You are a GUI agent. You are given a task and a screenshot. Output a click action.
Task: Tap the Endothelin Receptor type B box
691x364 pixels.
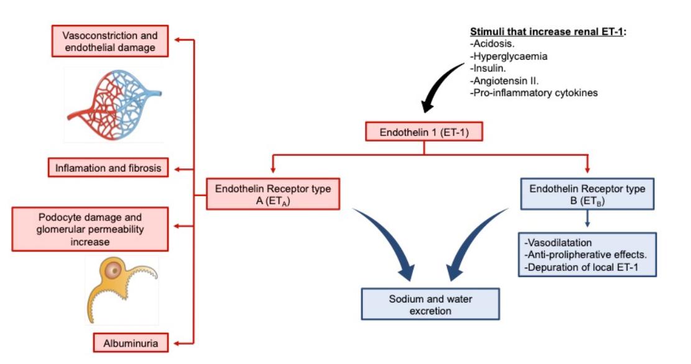coord(587,194)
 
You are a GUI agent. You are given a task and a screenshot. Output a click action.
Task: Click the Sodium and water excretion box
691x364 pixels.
coord(430,304)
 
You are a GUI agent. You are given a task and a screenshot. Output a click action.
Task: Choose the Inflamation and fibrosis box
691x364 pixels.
coord(108,168)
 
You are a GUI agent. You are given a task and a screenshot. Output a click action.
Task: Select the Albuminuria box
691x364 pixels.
coord(131,342)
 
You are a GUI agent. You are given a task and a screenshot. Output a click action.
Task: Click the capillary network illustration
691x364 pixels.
coord(115,102)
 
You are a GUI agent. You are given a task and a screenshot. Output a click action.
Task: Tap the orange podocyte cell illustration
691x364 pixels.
coord(122,289)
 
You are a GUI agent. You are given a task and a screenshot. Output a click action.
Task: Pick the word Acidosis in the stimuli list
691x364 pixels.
coord(491,44)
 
